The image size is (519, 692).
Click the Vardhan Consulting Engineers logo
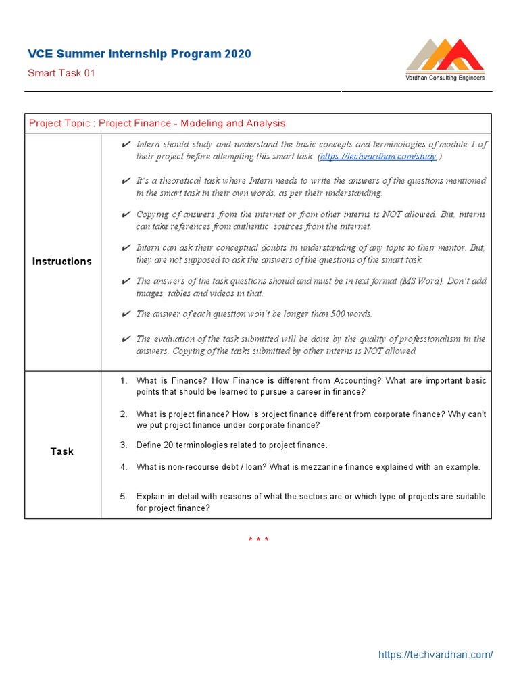click(445, 60)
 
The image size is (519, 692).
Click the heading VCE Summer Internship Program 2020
click(139, 54)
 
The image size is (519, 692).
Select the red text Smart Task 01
click(61, 73)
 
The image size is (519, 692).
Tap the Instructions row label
click(62, 262)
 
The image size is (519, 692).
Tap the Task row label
click(62, 451)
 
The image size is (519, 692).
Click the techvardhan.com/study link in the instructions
click(378, 156)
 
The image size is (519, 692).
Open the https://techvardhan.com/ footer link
click(435, 655)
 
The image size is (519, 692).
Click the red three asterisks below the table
click(258, 539)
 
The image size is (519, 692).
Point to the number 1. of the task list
click(124, 381)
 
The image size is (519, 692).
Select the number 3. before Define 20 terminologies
click(124, 445)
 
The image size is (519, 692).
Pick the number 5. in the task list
click(124, 497)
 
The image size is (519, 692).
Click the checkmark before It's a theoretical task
click(126, 181)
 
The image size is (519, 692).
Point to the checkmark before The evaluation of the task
click(126, 339)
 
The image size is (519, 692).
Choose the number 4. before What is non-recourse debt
click(124, 467)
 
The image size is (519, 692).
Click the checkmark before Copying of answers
click(126, 214)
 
